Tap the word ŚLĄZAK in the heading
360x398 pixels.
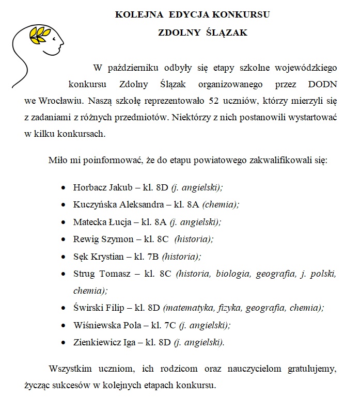click(x=226, y=33)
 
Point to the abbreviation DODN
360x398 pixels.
click(x=320, y=84)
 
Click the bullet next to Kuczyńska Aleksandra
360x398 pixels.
click(x=63, y=205)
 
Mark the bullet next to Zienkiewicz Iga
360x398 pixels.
click(x=63, y=343)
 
